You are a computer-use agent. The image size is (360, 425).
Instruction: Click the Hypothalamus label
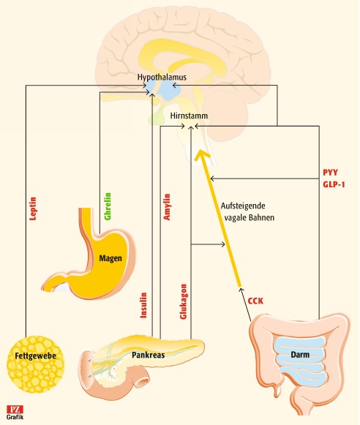162,77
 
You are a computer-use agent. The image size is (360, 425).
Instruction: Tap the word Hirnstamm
189,116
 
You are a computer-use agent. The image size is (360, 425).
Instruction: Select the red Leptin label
33,208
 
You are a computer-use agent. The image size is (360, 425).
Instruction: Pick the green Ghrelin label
108,206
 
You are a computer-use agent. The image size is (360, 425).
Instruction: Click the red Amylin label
167,207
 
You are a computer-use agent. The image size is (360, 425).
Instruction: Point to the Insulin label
143,305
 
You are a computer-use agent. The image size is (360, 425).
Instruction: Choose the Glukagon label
183,301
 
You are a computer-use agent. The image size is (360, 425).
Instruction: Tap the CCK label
255,301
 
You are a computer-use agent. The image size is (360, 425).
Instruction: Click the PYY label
330,173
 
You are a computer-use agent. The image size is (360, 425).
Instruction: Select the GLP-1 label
334,184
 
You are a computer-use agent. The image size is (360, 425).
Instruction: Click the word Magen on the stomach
110,258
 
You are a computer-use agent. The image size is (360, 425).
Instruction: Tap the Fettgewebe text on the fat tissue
36,356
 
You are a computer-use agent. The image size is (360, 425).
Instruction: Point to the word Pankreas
149,355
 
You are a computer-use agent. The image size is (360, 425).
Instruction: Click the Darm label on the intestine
300,355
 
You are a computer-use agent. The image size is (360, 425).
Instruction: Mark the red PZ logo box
15,409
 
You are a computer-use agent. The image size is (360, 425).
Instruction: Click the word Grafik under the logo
15,417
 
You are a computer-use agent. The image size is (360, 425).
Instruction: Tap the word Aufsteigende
243,206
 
